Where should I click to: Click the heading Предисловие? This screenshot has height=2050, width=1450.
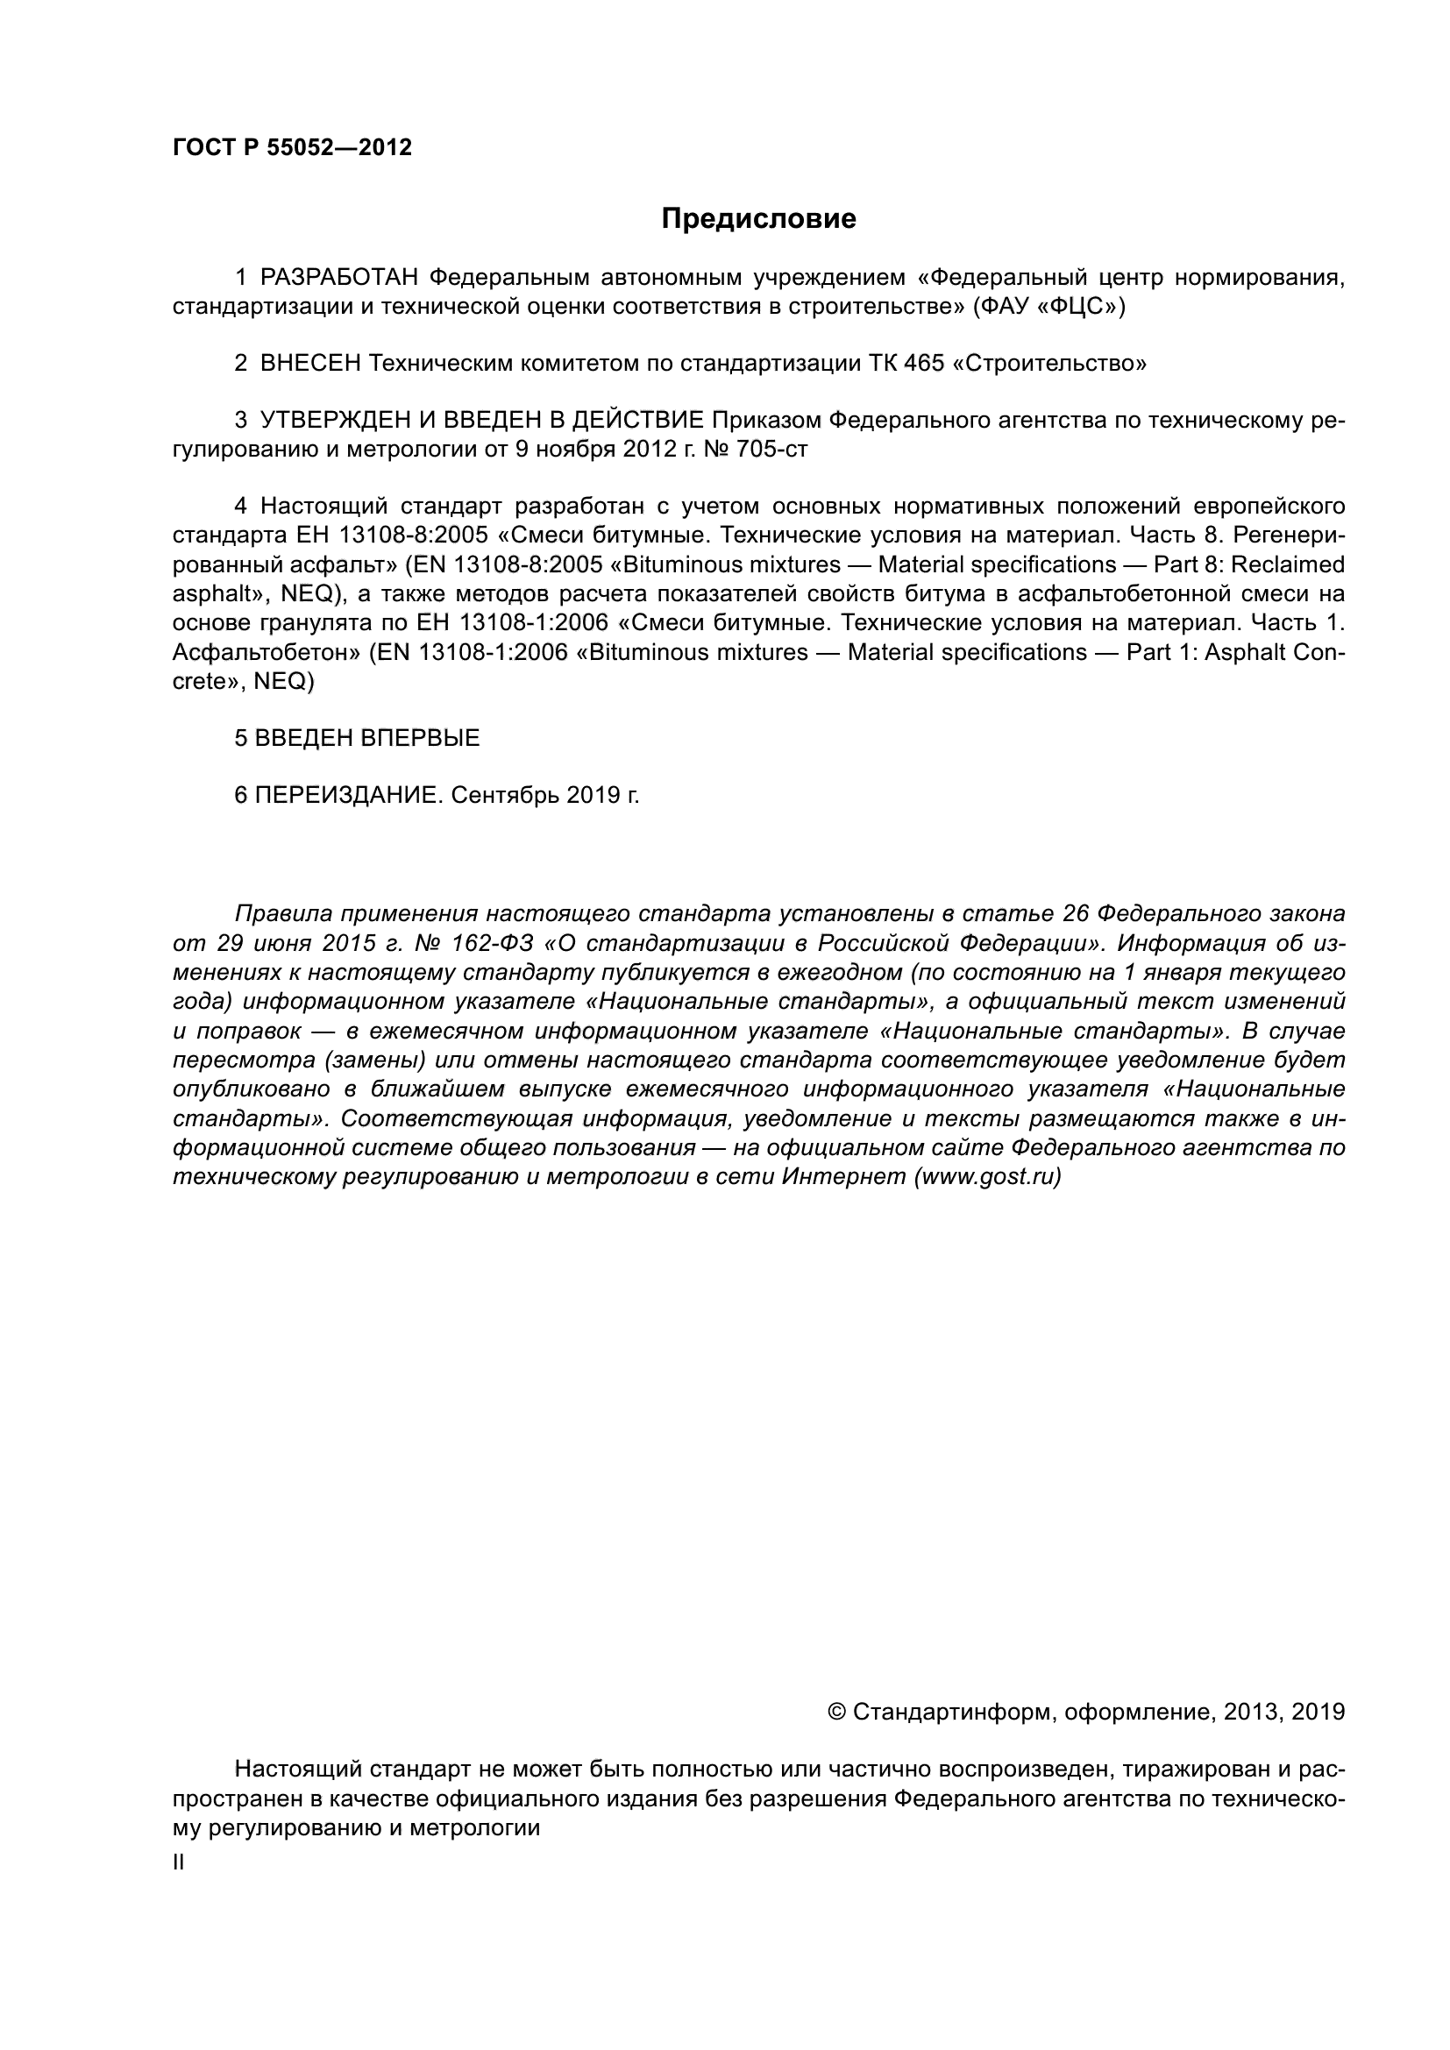pos(758,219)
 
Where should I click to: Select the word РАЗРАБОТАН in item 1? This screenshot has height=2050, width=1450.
pos(339,279)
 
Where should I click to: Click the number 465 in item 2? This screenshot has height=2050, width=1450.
pos(924,365)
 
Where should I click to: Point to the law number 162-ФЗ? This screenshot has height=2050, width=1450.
pos(493,944)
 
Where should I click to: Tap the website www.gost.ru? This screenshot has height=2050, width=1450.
pos(987,1178)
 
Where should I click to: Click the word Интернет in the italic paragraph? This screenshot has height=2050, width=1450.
pos(843,1178)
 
